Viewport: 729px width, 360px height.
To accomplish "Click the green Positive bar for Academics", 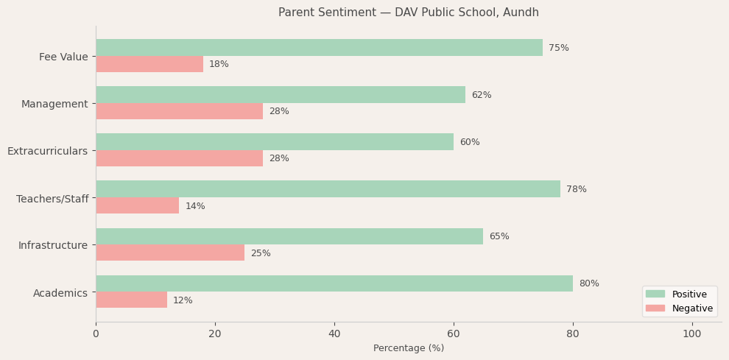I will tap(334, 283).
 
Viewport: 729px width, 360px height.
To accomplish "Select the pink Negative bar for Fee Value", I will tap(149, 64).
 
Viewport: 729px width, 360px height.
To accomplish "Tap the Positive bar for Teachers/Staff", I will tap(328, 189).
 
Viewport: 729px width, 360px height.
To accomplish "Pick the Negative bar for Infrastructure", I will tap(170, 253).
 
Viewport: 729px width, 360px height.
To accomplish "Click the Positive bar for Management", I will tap(281, 95).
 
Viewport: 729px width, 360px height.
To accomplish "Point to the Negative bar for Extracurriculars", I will tap(179, 158).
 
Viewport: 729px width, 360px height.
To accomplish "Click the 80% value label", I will tap(588, 283).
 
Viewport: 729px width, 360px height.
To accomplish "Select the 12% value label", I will tap(183, 300).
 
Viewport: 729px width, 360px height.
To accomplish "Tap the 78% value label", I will tap(576, 189).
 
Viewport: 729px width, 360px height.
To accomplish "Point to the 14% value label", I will tap(195, 206).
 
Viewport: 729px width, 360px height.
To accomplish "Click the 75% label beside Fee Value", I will tap(558, 48).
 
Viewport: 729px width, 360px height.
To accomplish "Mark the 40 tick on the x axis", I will tap(334, 334).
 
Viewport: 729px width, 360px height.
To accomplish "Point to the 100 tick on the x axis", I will tap(691, 334).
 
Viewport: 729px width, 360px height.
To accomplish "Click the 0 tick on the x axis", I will tap(96, 334).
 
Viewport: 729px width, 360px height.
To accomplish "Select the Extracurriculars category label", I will tap(47, 151).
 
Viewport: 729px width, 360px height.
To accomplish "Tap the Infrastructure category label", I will tap(53, 245).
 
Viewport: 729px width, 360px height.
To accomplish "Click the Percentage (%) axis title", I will tap(409, 348).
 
